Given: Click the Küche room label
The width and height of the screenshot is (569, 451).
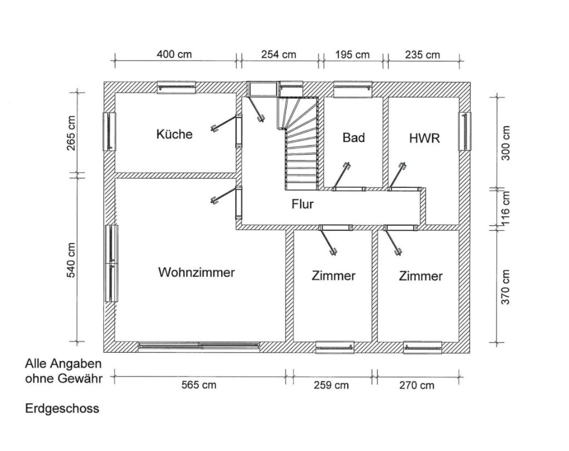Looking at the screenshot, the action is pyautogui.click(x=174, y=134).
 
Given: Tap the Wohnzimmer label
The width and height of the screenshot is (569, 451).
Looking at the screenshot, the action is pyautogui.click(x=196, y=272).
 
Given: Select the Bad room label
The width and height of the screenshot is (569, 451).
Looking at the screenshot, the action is pyautogui.click(x=353, y=137).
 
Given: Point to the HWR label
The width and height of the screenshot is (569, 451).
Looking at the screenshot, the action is pyautogui.click(x=424, y=138).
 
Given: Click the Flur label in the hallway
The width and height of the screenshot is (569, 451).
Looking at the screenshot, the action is pyautogui.click(x=302, y=204).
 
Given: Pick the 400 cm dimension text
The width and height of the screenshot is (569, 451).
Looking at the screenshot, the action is pyautogui.click(x=174, y=54).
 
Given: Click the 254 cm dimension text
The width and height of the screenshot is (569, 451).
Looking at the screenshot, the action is pyautogui.click(x=279, y=54).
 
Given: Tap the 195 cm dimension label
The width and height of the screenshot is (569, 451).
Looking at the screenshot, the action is pyautogui.click(x=352, y=54).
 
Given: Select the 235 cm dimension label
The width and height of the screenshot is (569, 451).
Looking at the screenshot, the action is pyautogui.click(x=422, y=54).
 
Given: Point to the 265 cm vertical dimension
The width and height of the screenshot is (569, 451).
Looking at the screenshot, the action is pyautogui.click(x=71, y=133).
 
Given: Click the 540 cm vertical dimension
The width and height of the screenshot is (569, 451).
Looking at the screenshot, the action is pyautogui.click(x=71, y=260).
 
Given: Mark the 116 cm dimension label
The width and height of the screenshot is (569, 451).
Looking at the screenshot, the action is pyautogui.click(x=506, y=208).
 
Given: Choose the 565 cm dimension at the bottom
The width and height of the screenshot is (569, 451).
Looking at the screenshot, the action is pyautogui.click(x=199, y=385).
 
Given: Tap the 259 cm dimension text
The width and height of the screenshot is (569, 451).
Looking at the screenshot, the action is pyautogui.click(x=331, y=385).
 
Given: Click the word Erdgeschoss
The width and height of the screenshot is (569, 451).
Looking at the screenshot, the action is pyautogui.click(x=62, y=409).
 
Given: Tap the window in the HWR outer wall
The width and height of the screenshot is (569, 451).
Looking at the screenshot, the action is pyautogui.click(x=465, y=131).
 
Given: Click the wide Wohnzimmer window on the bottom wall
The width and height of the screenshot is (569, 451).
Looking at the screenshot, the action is pyautogui.click(x=199, y=346).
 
